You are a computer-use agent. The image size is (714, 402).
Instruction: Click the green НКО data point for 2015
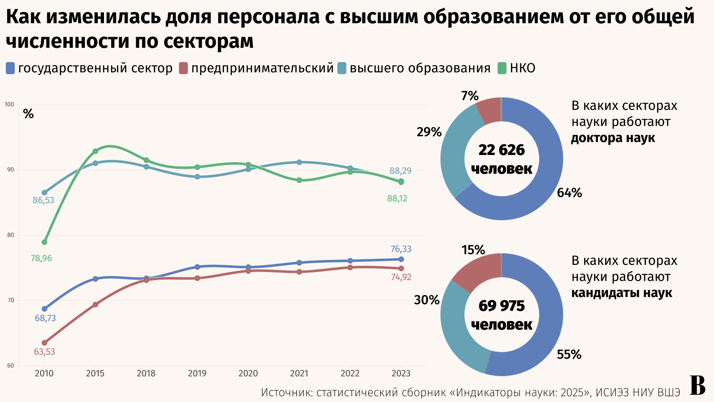pos(95,151)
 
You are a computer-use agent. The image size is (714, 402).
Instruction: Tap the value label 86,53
pos(43,201)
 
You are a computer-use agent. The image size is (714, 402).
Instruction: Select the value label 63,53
pos(44,352)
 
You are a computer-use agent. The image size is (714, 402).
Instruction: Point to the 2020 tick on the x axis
pos(248,373)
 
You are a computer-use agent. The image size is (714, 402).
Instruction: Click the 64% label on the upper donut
pos(569,193)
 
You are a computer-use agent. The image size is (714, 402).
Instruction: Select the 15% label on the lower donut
pos(473,250)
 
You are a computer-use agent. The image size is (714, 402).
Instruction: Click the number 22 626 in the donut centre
pos(502,150)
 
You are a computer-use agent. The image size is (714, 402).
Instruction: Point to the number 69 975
pos(502,306)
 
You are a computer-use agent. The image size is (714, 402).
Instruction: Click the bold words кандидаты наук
pos(622,293)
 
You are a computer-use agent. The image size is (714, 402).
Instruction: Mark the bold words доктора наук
pos(613,138)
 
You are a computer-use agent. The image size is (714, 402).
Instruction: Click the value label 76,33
pos(401,249)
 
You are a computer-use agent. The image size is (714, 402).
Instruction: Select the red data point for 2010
pos(44,343)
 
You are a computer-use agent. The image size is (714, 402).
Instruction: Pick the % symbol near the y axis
pos(29,114)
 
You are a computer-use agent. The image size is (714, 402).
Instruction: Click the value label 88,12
pos(397,199)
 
